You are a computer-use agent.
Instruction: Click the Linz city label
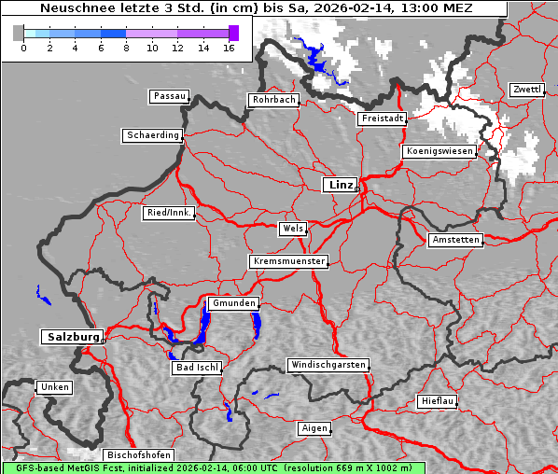(x=340, y=185)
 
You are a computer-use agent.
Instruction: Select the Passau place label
(x=169, y=96)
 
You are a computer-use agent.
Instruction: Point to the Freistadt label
(x=382, y=118)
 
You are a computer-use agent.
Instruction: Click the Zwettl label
(x=526, y=90)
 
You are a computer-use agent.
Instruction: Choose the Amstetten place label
(x=455, y=240)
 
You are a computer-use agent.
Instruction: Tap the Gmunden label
(x=231, y=304)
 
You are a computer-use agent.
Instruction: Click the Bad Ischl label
(x=196, y=368)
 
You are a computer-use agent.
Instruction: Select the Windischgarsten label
(x=328, y=365)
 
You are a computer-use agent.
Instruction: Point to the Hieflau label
(x=438, y=401)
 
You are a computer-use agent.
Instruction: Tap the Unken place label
(x=53, y=387)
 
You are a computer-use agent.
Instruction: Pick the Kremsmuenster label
(x=289, y=261)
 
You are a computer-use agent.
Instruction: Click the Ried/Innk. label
(x=169, y=213)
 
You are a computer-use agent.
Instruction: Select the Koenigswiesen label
(x=439, y=151)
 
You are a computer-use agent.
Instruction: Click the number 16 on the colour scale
(x=229, y=48)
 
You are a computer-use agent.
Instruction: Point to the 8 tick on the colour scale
(x=126, y=48)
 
